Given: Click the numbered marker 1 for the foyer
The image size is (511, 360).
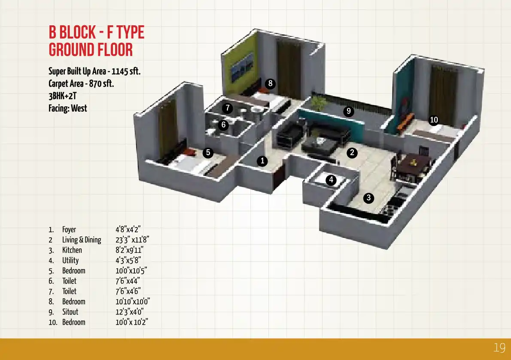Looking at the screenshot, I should (x=262, y=161).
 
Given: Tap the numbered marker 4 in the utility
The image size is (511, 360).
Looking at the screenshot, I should (x=331, y=180).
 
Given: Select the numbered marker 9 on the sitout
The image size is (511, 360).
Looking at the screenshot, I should (x=349, y=111).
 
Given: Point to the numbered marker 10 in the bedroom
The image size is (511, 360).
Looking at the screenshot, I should (x=434, y=120).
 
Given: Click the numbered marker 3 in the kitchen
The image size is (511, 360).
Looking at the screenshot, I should (x=368, y=198).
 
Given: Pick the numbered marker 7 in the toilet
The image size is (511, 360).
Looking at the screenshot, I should (x=228, y=108).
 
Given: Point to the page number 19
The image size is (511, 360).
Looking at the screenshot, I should (x=499, y=348).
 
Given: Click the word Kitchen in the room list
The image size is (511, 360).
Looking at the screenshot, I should (x=72, y=250).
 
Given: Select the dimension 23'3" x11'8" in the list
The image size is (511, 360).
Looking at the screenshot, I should (x=132, y=240).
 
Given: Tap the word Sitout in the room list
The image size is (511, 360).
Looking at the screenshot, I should (x=70, y=312).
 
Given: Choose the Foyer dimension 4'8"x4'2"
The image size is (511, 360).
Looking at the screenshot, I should (x=128, y=230).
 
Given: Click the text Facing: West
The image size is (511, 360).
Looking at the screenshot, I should (x=68, y=109).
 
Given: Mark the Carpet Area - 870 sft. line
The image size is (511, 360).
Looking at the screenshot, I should (x=81, y=84).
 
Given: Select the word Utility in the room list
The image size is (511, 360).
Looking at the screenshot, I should (x=70, y=260).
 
